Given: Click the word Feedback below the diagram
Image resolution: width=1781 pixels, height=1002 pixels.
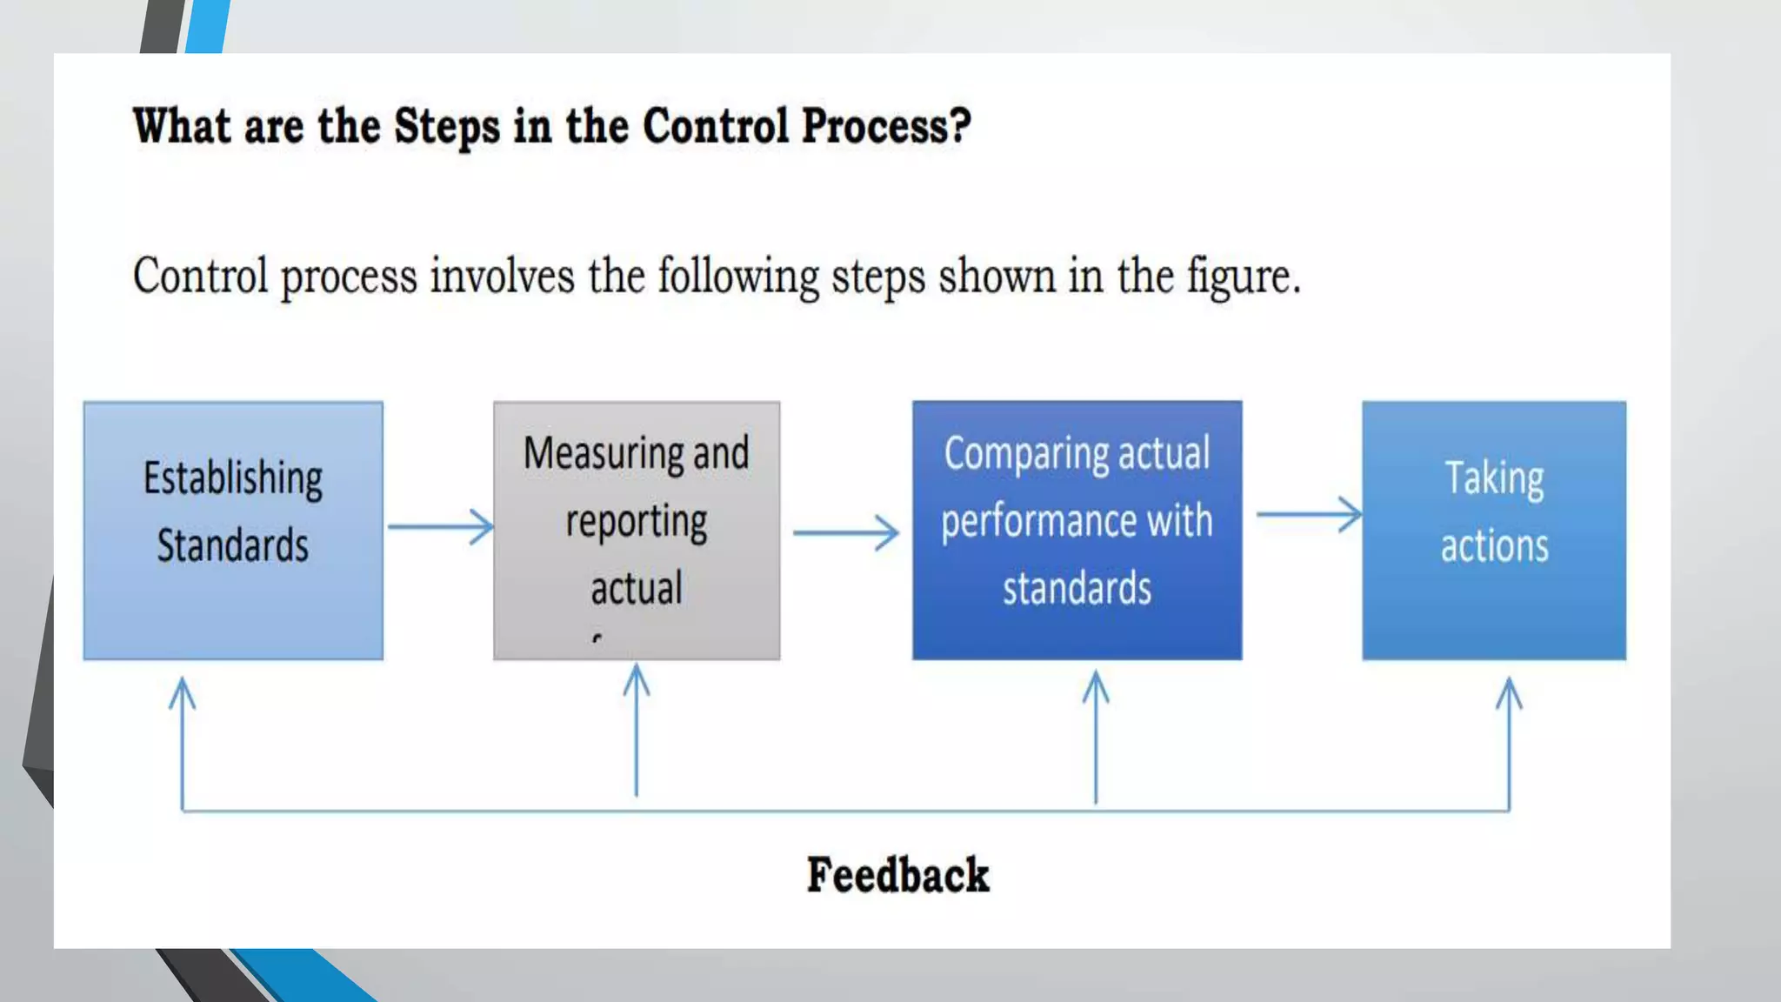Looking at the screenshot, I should (x=897, y=874).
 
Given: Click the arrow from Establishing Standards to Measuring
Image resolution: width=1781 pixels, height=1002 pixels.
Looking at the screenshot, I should (x=440, y=527).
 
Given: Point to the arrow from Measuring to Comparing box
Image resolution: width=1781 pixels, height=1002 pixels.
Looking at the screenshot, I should (x=845, y=532).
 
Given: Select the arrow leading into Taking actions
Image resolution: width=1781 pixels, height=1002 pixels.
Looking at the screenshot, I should (x=1308, y=514).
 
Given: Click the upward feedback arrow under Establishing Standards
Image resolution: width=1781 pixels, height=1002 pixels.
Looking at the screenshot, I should (x=182, y=739).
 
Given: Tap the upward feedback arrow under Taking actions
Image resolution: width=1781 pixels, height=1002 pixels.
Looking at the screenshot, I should (x=1509, y=739).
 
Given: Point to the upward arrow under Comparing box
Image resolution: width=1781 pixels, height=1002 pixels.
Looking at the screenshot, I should (x=1096, y=735).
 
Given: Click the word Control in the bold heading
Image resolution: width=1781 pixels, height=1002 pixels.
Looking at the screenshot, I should (x=715, y=126).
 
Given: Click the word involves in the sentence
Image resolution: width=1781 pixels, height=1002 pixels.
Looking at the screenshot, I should (x=502, y=277).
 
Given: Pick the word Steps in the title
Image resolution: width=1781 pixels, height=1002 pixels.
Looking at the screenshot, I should (x=446, y=126).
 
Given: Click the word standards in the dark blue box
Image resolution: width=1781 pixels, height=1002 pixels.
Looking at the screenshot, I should (x=1077, y=588).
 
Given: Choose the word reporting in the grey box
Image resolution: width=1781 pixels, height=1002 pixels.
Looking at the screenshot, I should (x=637, y=522).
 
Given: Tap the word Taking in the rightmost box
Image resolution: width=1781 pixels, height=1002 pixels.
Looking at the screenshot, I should (x=1494, y=478).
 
